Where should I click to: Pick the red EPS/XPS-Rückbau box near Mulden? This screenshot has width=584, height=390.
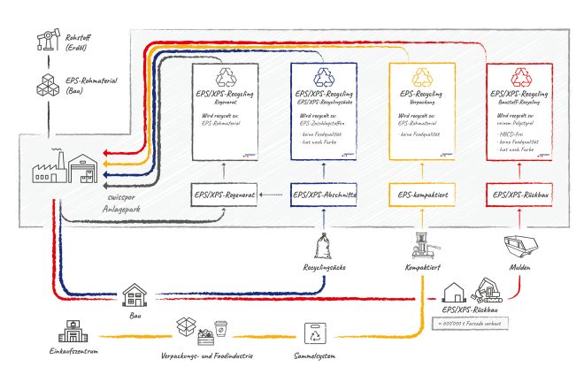pyautogui.click(x=519, y=194)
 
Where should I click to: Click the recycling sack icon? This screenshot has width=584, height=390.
pyautogui.click(x=324, y=244)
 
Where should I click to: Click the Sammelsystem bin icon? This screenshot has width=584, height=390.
pyautogui.click(x=316, y=334)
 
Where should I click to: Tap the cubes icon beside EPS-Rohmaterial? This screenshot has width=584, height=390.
pyautogui.click(x=42, y=86)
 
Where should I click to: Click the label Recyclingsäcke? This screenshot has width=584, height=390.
pyautogui.click(x=324, y=265)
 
